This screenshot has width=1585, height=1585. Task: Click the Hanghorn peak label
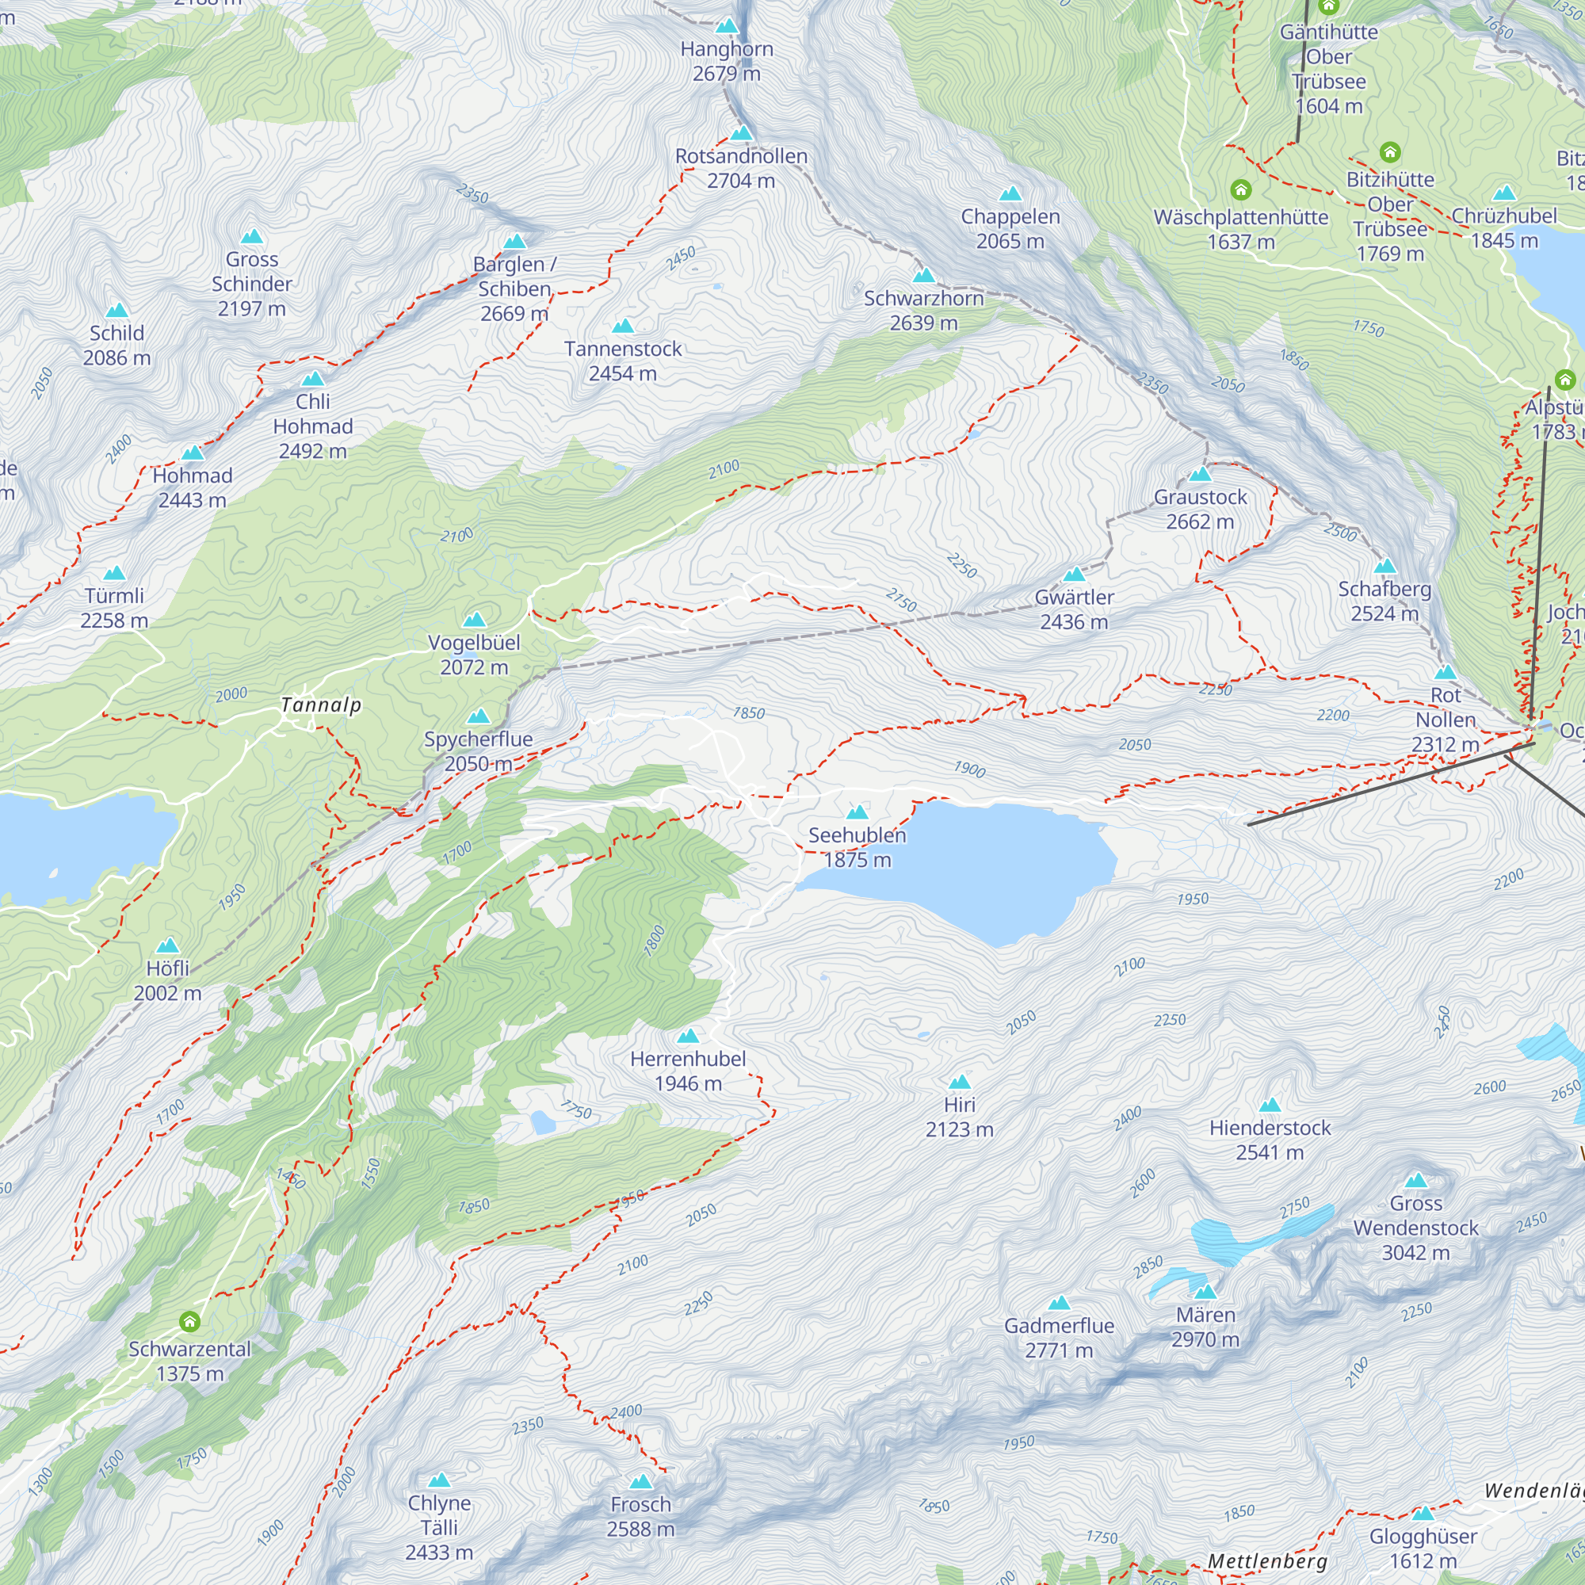[x=726, y=61]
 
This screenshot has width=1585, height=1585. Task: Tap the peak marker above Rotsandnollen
[x=741, y=133]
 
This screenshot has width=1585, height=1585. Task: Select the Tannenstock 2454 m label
[x=623, y=360]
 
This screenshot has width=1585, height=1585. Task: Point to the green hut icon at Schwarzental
[x=189, y=1321]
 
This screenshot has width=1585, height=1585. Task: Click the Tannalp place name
[x=321, y=705]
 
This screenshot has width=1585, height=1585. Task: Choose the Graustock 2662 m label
[x=1199, y=509]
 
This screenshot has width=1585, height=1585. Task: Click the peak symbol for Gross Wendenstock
[x=1416, y=1181]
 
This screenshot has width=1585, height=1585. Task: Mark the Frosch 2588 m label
[x=640, y=1516]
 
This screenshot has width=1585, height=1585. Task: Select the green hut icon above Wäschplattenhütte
[x=1240, y=190]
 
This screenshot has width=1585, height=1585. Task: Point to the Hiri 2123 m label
[x=959, y=1117]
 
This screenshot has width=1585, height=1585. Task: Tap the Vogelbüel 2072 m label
[x=473, y=654]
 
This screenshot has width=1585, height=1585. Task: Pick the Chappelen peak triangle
[x=1010, y=194]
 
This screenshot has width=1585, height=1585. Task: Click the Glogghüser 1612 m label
[x=1423, y=1548]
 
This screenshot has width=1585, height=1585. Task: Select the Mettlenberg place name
[x=1266, y=1560]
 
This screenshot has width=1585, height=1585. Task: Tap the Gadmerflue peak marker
[x=1059, y=1303]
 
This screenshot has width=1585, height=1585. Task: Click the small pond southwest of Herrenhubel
[x=542, y=1121]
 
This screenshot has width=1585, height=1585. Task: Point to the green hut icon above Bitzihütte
[x=1389, y=152]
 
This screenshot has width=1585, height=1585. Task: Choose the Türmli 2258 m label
[x=114, y=607]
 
